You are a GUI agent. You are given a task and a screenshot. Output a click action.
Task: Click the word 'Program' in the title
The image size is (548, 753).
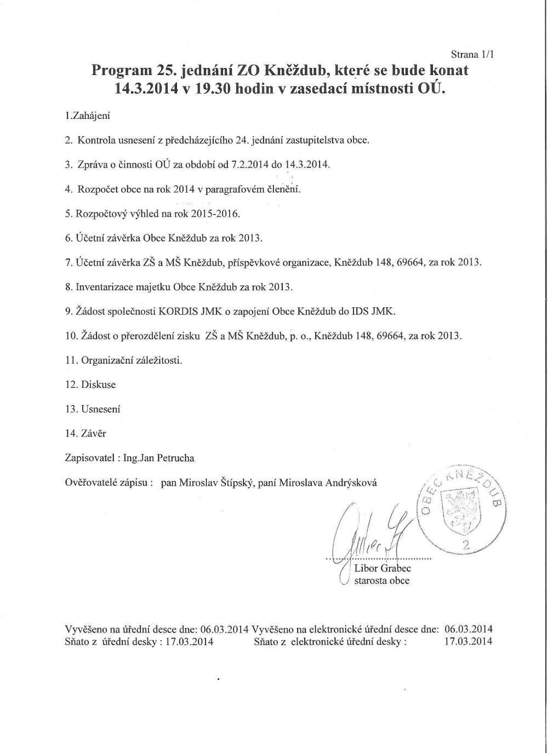pos(120,71)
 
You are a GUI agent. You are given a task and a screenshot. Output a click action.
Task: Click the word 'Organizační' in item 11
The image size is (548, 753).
pos(106,360)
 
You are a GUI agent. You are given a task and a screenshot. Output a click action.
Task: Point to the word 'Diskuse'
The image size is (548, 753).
pos(98,384)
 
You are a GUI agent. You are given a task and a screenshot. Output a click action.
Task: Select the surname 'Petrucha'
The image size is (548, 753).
pos(176,458)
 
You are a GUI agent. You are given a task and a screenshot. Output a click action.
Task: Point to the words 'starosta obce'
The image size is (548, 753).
pos(381,581)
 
